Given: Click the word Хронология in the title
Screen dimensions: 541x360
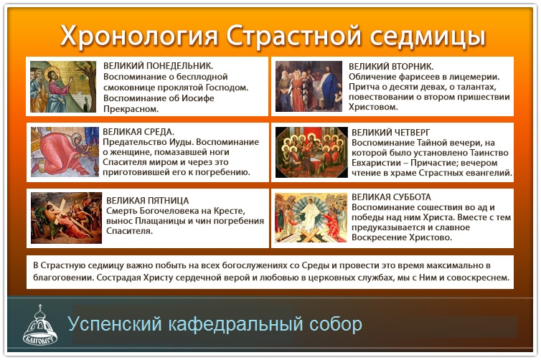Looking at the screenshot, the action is tap(139, 37).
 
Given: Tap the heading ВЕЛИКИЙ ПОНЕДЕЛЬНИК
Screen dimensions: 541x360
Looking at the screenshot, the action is tap(159, 66).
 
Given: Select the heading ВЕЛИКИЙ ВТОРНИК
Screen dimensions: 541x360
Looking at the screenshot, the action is tap(391, 67).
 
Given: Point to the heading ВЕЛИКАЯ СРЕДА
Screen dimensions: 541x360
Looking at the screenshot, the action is tap(138, 132).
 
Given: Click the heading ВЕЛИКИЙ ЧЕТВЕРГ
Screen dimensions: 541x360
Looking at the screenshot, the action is tap(391, 133).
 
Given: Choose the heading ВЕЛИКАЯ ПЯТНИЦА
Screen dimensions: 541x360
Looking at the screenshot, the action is tap(148, 201).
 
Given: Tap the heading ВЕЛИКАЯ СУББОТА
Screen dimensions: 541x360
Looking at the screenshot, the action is tap(392, 197).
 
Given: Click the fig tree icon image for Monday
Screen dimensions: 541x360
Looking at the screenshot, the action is tap(63, 87).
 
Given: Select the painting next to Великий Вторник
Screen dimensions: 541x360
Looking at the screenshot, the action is tap(309, 87).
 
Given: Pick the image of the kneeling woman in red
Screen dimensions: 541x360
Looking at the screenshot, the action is tap(65, 152).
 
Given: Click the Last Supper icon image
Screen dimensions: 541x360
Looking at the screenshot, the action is tap(311, 153).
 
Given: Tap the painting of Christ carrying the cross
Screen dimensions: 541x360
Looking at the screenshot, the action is tap(66, 218).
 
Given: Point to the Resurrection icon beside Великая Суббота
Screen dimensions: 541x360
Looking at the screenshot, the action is tap(311, 218).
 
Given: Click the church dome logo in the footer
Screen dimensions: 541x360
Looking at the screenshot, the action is tap(40, 325).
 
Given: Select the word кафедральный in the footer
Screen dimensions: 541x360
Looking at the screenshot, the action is tap(236, 324).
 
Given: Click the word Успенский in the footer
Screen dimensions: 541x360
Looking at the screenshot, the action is tap(115, 324).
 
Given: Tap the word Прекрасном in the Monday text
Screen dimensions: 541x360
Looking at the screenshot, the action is tap(131, 109).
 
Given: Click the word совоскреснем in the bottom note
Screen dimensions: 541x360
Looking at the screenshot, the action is tap(478, 278).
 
